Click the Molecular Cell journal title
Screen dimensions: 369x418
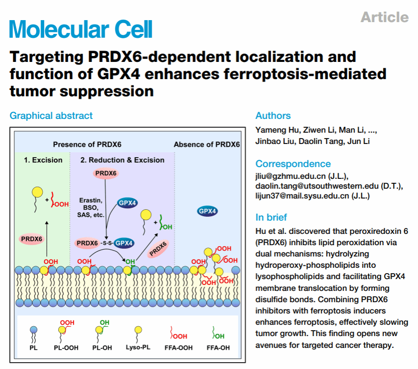click(81, 28)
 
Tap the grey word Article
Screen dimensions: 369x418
click(384, 18)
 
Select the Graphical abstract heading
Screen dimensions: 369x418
click(51, 116)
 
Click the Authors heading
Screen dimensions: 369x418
click(273, 116)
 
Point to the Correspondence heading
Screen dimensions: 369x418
click(293, 164)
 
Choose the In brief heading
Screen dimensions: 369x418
click(271, 217)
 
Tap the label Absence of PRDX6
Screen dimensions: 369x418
click(207, 144)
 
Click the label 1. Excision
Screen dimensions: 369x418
click(44, 160)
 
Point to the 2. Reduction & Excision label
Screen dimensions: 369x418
click(122, 160)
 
